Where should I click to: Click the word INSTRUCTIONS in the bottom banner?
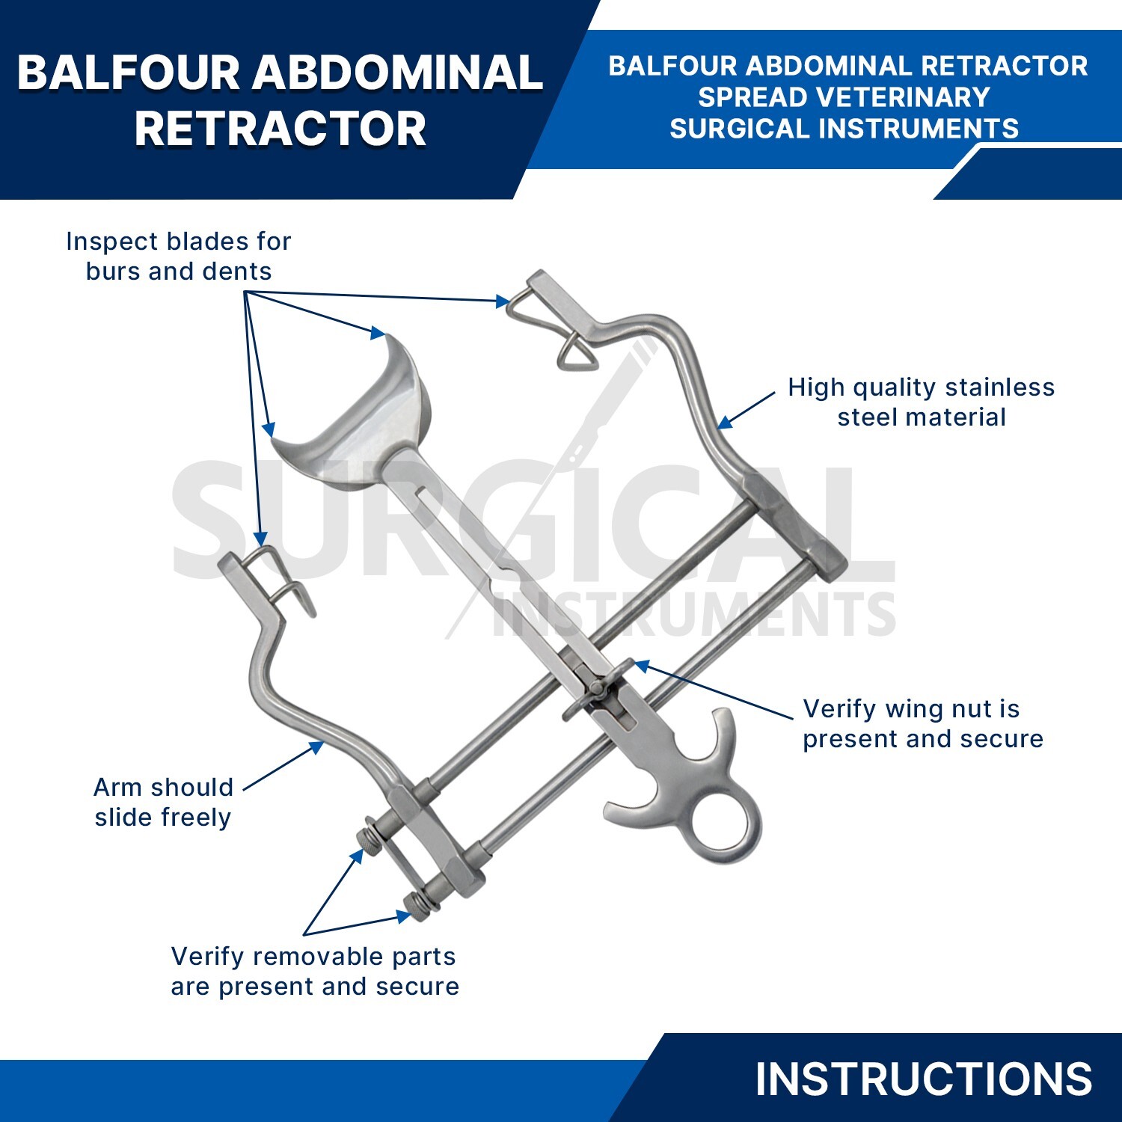[x=923, y=1079]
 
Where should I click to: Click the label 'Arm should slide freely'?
[x=163, y=802]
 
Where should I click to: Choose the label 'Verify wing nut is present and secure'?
[x=923, y=723]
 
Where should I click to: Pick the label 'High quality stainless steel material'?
[x=922, y=402]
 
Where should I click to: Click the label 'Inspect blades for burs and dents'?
[x=178, y=256]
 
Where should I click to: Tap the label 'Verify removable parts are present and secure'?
[x=315, y=971]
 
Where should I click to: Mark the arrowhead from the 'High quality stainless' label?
[x=723, y=423]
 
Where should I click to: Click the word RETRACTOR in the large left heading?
[x=280, y=129]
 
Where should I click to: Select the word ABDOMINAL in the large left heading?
[x=397, y=73]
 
